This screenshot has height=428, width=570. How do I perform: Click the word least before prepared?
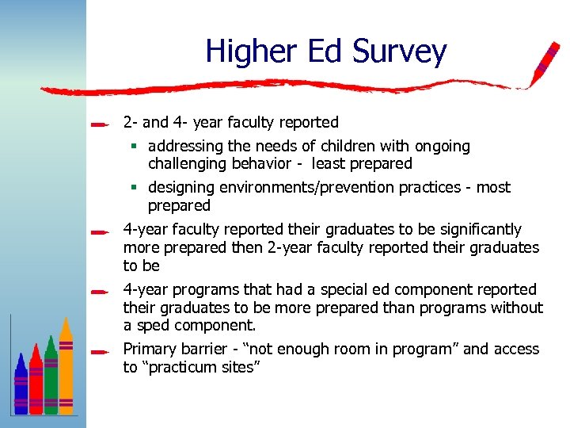click(330, 164)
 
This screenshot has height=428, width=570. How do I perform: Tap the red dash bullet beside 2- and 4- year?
click(99, 124)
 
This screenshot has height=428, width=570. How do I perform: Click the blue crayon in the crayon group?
click(21, 384)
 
